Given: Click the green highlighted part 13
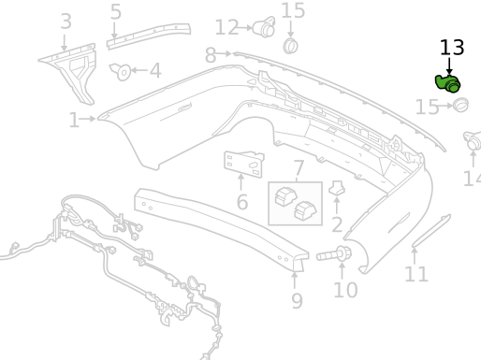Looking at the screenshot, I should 448,84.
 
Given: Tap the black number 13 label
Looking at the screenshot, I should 451,48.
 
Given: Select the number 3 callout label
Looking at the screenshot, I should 65,21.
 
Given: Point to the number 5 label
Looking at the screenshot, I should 115,12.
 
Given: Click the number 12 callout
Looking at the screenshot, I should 226,28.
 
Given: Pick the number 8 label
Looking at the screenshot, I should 211,55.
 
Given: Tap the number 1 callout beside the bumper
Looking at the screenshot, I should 74,120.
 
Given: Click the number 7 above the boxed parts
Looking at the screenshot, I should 299,169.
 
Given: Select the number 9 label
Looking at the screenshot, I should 297,300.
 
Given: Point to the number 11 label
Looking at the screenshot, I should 416,274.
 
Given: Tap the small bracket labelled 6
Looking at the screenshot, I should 242,162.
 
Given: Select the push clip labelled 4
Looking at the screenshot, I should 121,70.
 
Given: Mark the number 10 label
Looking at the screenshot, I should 345,290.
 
